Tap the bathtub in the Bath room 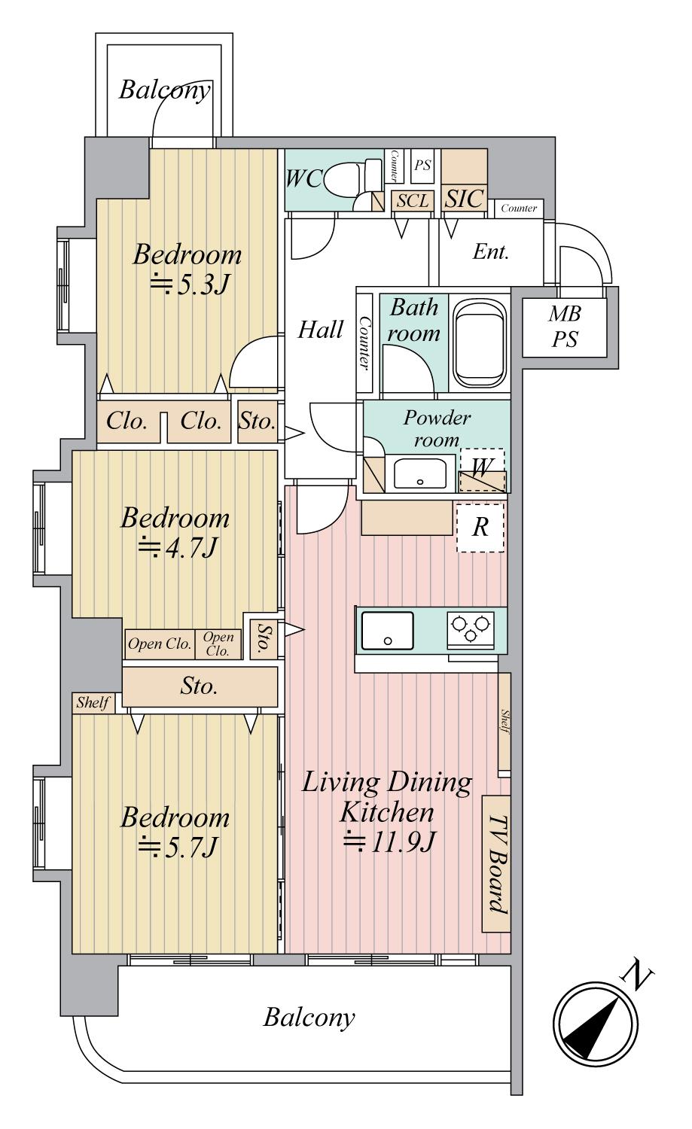pyautogui.click(x=480, y=344)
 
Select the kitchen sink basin pyautogui.click(x=387, y=631)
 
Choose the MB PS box pyautogui.click(x=565, y=327)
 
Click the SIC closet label pyautogui.click(x=464, y=199)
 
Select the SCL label pyautogui.click(x=413, y=201)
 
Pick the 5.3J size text pyautogui.click(x=191, y=285)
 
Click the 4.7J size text pyautogui.click(x=178, y=548)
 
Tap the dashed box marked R pyautogui.click(x=480, y=528)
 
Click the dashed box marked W pyautogui.click(x=482, y=470)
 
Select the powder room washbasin pyautogui.click(x=421, y=473)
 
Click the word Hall pyautogui.click(x=320, y=330)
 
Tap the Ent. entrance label pyautogui.click(x=490, y=251)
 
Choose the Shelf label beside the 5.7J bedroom pyautogui.click(x=93, y=703)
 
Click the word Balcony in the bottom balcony pyautogui.click(x=309, y=1018)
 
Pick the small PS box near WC pyautogui.click(x=422, y=165)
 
